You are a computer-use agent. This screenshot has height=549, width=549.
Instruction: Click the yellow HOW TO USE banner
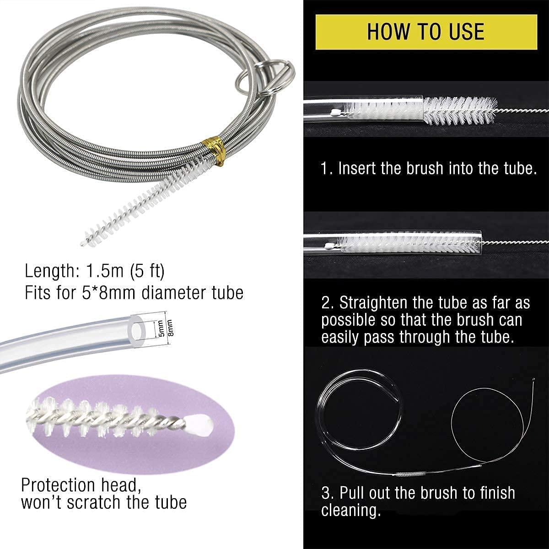(x=426, y=32)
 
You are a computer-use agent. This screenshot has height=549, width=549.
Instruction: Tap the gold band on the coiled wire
(x=214, y=150)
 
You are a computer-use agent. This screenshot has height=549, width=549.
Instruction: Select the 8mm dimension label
(x=170, y=328)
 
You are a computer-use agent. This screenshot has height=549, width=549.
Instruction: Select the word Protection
(x=58, y=485)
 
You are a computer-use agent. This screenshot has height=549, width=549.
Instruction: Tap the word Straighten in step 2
(x=373, y=303)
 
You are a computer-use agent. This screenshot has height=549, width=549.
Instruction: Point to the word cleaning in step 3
(x=351, y=510)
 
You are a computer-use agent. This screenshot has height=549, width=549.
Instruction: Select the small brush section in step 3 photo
(x=409, y=474)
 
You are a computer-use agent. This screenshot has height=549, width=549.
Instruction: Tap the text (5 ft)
(x=147, y=271)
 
